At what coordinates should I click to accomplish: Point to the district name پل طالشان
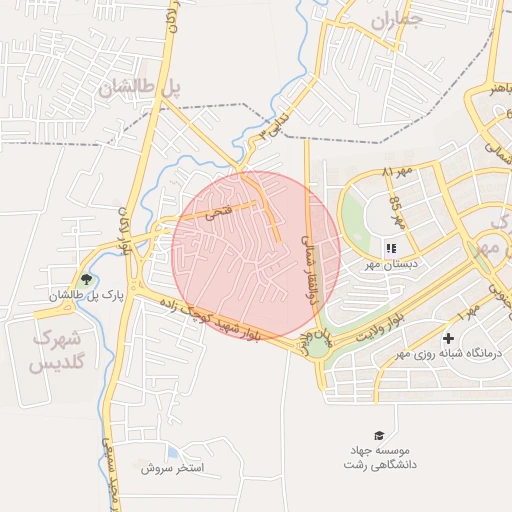[140, 88]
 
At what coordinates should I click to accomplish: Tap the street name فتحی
[217, 211]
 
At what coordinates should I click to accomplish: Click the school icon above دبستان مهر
[391, 246]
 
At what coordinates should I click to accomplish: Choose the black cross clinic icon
[448, 339]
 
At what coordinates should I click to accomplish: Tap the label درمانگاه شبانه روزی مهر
[450, 355]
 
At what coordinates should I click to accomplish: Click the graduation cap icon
[379, 435]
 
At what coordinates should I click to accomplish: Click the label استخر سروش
[173, 467]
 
